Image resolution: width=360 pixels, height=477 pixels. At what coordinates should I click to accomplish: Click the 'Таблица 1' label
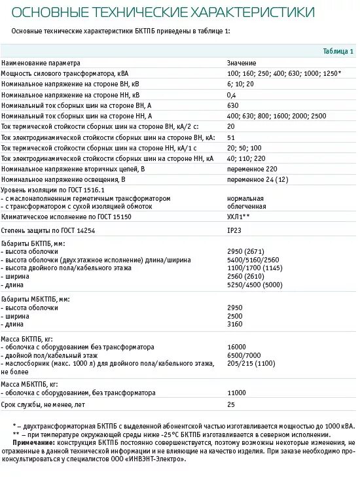click(338, 52)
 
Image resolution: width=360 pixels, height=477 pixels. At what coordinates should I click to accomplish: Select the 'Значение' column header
click(242, 63)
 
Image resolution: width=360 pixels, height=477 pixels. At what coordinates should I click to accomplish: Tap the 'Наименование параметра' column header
click(41, 63)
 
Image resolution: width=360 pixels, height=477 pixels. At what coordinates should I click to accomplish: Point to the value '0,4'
click(232, 95)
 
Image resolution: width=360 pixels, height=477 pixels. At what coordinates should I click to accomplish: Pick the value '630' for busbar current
click(233, 105)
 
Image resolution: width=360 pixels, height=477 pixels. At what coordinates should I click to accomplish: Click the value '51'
click(231, 137)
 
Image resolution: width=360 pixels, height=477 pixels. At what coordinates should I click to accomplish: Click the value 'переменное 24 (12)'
click(258, 179)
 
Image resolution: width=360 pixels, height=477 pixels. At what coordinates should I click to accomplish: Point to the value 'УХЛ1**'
click(238, 215)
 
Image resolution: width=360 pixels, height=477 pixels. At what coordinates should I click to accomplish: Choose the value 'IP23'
click(234, 231)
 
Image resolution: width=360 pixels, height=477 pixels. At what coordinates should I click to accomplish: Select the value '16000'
click(236, 347)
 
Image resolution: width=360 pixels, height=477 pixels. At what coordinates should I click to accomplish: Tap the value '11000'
click(236, 393)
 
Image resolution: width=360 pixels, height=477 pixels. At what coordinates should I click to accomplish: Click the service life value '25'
click(231, 405)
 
